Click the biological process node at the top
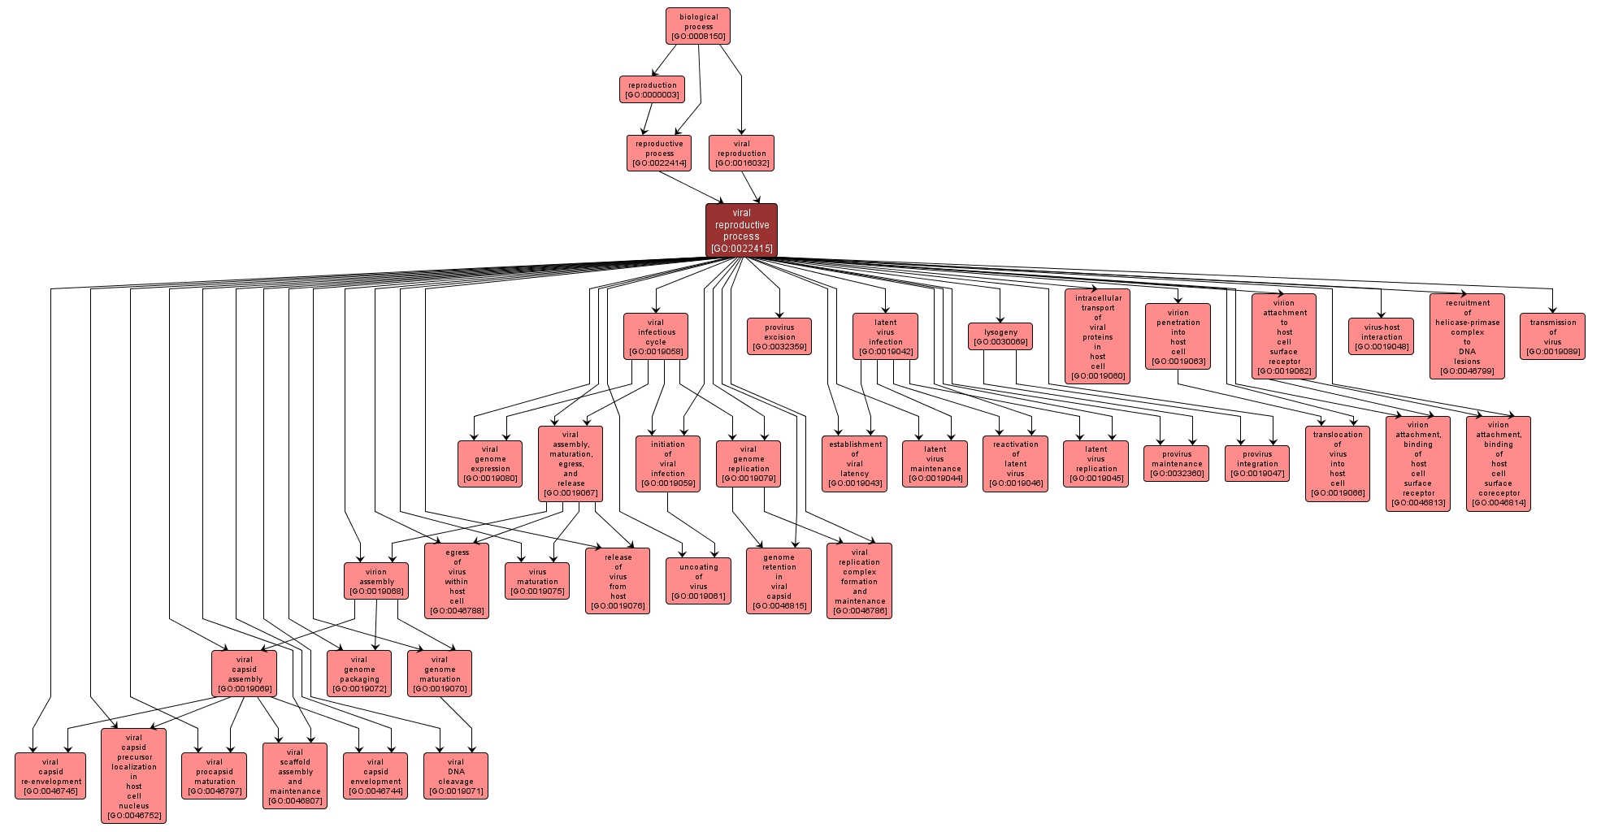pos(698,26)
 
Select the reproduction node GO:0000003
pos(652,89)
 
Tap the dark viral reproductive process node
pos(741,231)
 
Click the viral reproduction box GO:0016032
pos(741,153)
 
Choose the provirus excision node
pos(779,336)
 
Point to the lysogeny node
pos(1000,336)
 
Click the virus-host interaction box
pos(1381,336)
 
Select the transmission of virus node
pos(1552,336)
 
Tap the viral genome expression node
pos(490,464)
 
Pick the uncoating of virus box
pos(699,581)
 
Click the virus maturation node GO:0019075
pos(537,581)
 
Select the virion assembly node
pos(376,581)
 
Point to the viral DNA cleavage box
pos(456,776)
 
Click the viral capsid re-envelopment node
pos(50,776)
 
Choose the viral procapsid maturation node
pos(215,776)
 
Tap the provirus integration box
pos(1257,464)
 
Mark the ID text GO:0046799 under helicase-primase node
pos(1467,371)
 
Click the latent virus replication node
pos(1096,464)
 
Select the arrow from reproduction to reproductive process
pos(647,119)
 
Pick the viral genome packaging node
pos(359,674)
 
